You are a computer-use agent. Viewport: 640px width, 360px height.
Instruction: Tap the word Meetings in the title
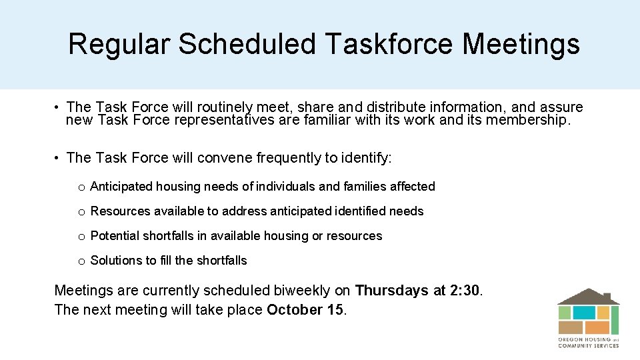(521, 44)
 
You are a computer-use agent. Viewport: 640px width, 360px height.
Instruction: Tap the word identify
(367, 158)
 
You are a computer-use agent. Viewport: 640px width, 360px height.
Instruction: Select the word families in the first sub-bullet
(365, 187)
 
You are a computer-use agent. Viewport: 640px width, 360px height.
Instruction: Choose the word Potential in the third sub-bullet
(115, 236)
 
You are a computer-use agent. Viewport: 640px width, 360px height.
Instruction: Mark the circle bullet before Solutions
(81, 261)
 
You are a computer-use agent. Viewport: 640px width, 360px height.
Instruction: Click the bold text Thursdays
(391, 291)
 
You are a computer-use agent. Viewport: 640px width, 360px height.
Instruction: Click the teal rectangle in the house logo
(584, 312)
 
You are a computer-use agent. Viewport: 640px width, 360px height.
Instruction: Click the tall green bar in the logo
(615, 320)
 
